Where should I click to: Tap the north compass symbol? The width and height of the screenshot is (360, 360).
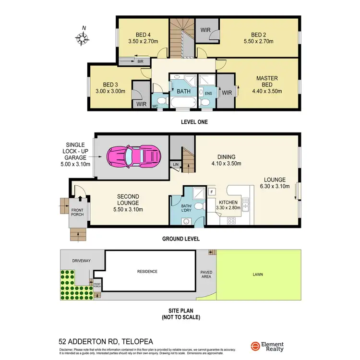pos(83,37)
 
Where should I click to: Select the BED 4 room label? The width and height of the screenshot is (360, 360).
pos(143,35)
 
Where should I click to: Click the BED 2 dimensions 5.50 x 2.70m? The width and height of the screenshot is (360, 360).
pos(258,41)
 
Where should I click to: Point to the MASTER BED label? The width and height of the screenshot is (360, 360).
pos(267,82)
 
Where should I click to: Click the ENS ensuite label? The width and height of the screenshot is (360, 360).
pos(208,93)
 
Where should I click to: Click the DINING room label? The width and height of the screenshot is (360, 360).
pos(226,156)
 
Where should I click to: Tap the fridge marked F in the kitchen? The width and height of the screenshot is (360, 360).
pos(212,192)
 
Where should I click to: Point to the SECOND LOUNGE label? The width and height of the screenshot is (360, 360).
pos(128,196)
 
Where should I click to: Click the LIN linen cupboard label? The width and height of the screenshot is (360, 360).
pos(176,165)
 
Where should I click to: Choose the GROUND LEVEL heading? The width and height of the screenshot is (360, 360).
pos(180,239)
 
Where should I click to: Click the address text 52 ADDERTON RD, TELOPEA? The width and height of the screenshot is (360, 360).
pos(106,341)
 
